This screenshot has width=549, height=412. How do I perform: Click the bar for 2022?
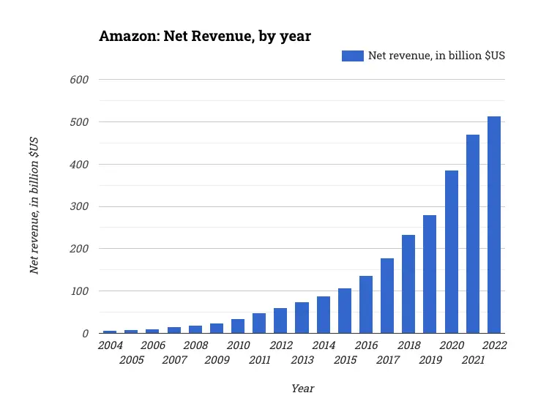tap(494, 225)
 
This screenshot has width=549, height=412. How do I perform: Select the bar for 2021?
tap(473, 234)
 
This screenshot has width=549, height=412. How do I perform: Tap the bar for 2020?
tap(452, 252)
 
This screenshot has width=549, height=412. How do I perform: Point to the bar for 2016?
tap(366, 304)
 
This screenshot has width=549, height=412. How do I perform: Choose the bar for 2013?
tap(302, 318)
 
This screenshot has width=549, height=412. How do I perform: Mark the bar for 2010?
tap(238, 326)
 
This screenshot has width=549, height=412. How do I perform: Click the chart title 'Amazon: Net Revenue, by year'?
tap(205, 37)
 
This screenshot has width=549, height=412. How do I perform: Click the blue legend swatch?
tap(353, 56)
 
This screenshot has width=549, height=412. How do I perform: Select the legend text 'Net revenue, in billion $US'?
tap(436, 56)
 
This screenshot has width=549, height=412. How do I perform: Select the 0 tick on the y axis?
tap(85, 334)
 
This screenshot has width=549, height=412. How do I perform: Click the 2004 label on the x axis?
tap(110, 345)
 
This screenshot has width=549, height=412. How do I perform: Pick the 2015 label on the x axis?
tap(345, 360)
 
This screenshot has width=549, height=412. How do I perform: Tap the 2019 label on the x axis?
tap(430, 360)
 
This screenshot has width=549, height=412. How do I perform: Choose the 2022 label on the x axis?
tap(494, 345)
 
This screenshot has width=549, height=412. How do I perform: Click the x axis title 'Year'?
tap(302, 389)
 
